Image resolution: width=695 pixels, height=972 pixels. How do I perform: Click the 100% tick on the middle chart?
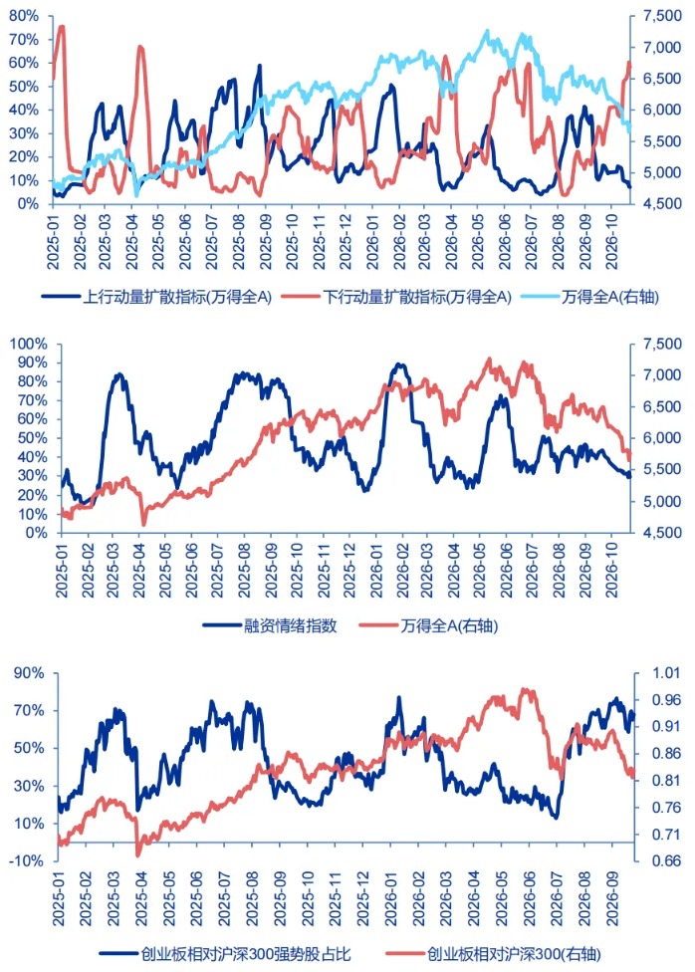point(28,344)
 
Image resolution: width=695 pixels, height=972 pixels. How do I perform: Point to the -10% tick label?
point(27,861)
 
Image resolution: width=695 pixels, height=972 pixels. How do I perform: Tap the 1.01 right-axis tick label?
point(665,672)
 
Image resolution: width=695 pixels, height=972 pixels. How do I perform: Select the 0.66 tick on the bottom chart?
point(665,861)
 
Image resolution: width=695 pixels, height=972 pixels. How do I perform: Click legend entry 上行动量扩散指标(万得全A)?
point(157,297)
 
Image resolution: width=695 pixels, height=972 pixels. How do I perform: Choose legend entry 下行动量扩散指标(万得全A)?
point(396,297)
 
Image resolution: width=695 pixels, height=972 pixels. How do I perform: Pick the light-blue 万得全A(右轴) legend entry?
point(589,297)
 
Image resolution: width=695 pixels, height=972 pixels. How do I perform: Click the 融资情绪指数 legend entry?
point(270,625)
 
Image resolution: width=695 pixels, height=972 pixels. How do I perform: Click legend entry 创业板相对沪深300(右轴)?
point(494,954)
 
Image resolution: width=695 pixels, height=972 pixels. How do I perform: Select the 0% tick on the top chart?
point(27,204)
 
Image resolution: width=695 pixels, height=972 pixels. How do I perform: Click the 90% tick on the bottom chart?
point(29,672)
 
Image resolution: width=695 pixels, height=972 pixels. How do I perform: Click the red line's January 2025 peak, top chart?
point(62,26)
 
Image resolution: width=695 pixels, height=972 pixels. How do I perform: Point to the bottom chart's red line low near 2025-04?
point(138,854)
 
